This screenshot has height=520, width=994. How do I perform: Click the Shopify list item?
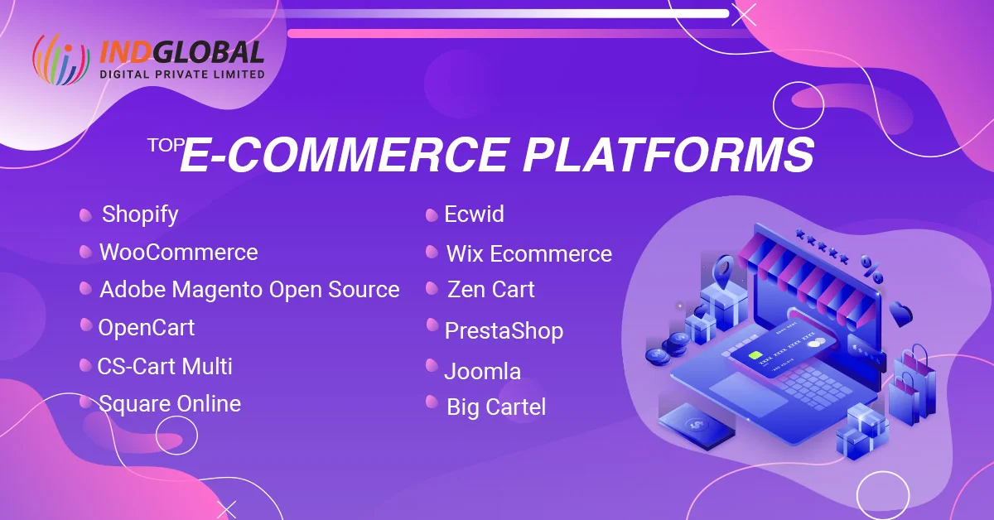pyautogui.click(x=140, y=214)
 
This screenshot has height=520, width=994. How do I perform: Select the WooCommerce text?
pyautogui.click(x=178, y=252)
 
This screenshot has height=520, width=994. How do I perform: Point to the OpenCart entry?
pyautogui.click(x=146, y=328)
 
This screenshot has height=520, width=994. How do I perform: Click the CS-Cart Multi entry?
pyautogui.click(x=165, y=366)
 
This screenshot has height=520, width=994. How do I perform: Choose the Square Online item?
pyautogui.click(x=169, y=404)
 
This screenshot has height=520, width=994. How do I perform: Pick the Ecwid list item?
pyautogui.click(x=474, y=214)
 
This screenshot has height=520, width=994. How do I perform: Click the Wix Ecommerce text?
pyautogui.click(x=528, y=253)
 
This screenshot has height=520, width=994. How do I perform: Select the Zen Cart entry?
pyautogui.click(x=490, y=290)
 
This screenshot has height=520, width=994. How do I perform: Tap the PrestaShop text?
pyautogui.click(x=504, y=331)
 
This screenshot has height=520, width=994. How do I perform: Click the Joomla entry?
pyautogui.click(x=482, y=371)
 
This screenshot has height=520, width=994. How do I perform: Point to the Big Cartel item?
pyautogui.click(x=495, y=407)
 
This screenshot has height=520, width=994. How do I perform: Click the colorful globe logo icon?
pyautogui.click(x=60, y=60)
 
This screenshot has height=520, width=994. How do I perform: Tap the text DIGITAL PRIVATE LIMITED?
pyautogui.click(x=181, y=75)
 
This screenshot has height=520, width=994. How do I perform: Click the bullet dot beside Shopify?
pyautogui.click(x=85, y=215)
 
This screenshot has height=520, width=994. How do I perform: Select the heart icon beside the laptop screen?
pyautogui.click(x=900, y=314)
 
